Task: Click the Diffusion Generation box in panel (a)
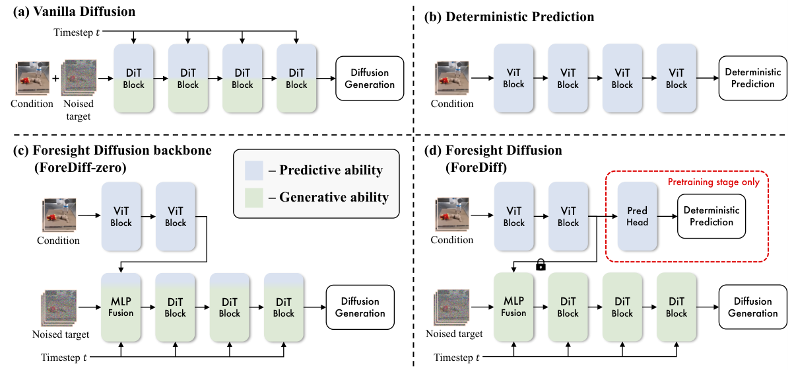tap(370, 78)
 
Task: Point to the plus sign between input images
tap(55, 78)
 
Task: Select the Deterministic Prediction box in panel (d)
tap(711, 216)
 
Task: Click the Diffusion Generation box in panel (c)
tap(360, 306)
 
